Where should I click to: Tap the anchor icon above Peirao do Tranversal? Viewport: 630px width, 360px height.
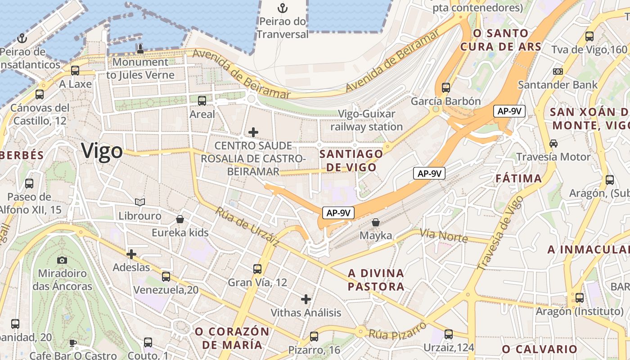point(282,8)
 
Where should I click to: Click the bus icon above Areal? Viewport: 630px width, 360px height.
point(202,100)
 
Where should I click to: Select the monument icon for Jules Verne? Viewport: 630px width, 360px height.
point(140,49)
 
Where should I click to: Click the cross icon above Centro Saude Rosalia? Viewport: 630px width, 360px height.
point(253,132)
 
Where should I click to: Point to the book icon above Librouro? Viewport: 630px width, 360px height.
point(140,202)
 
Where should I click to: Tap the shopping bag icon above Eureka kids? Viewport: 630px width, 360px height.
point(180,219)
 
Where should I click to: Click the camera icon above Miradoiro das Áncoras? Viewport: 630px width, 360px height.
point(62,260)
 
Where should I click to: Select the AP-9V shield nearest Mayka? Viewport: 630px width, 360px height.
point(338,213)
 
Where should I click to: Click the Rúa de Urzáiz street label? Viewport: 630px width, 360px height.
point(247,227)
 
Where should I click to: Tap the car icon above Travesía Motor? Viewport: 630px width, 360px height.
point(553,144)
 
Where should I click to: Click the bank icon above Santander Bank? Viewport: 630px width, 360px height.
point(558,72)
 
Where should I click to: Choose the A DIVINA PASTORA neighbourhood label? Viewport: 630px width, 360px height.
point(376,280)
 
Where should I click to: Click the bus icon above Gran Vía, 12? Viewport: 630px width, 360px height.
point(257,269)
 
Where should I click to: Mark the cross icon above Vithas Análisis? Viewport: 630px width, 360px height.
point(306,299)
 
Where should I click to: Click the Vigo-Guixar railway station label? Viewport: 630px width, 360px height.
point(367,121)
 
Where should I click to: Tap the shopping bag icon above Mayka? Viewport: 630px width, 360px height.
point(376,222)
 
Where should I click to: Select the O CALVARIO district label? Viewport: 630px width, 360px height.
point(540,349)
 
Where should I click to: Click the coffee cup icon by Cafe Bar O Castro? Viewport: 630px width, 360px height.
point(73,343)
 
